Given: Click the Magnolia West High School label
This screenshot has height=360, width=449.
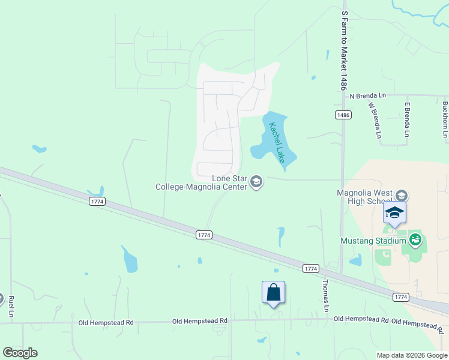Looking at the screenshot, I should pos(364,196).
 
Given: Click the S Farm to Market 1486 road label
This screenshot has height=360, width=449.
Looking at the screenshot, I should pos(344,49).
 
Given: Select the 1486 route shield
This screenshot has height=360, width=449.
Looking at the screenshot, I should pos(343,115).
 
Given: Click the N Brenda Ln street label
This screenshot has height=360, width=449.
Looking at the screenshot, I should pos(368,95).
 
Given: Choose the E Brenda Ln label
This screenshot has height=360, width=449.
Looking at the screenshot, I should pos(407,120).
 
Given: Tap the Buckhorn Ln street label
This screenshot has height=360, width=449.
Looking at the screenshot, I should pos(445,119).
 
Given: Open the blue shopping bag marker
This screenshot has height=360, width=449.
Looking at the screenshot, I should pos(273,293).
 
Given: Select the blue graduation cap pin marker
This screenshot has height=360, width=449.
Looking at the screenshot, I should pos(394,213).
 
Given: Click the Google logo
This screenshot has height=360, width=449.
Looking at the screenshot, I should pos(20,353).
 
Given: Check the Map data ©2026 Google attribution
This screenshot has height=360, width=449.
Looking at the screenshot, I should pos(411,355).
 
